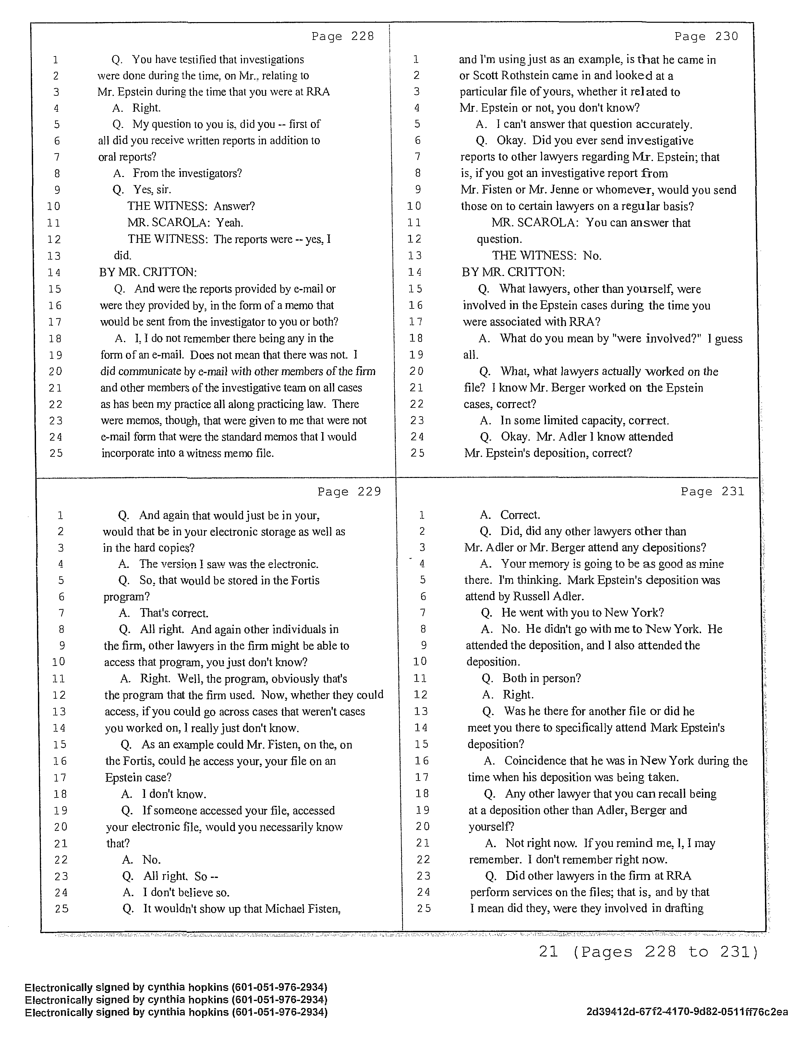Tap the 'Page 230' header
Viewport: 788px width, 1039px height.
click(706, 36)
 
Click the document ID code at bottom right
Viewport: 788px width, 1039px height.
click(686, 1012)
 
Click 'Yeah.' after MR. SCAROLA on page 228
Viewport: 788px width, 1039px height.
click(229, 223)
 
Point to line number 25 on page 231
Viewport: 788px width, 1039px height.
click(423, 908)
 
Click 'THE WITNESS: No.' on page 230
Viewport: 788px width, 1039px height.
click(546, 256)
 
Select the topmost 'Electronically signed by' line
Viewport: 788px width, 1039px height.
click(176, 987)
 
